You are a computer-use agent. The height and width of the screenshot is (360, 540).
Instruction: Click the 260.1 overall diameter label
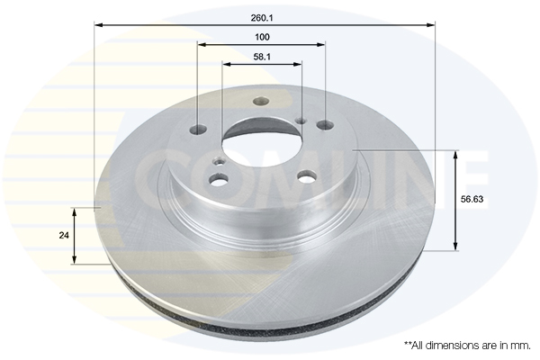(x=262, y=18)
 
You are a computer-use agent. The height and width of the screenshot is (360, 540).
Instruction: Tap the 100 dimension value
(x=262, y=37)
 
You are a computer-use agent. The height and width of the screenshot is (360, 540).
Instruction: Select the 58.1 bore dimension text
(x=262, y=57)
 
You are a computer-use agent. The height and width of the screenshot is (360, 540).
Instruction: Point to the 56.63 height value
(x=472, y=199)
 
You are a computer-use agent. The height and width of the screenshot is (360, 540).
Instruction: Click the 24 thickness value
(x=64, y=235)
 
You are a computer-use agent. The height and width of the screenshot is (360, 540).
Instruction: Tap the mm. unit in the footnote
(x=521, y=346)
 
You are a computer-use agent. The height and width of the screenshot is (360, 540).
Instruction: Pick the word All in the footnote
(x=418, y=346)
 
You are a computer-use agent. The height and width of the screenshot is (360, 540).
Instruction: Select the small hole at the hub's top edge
(x=261, y=102)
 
